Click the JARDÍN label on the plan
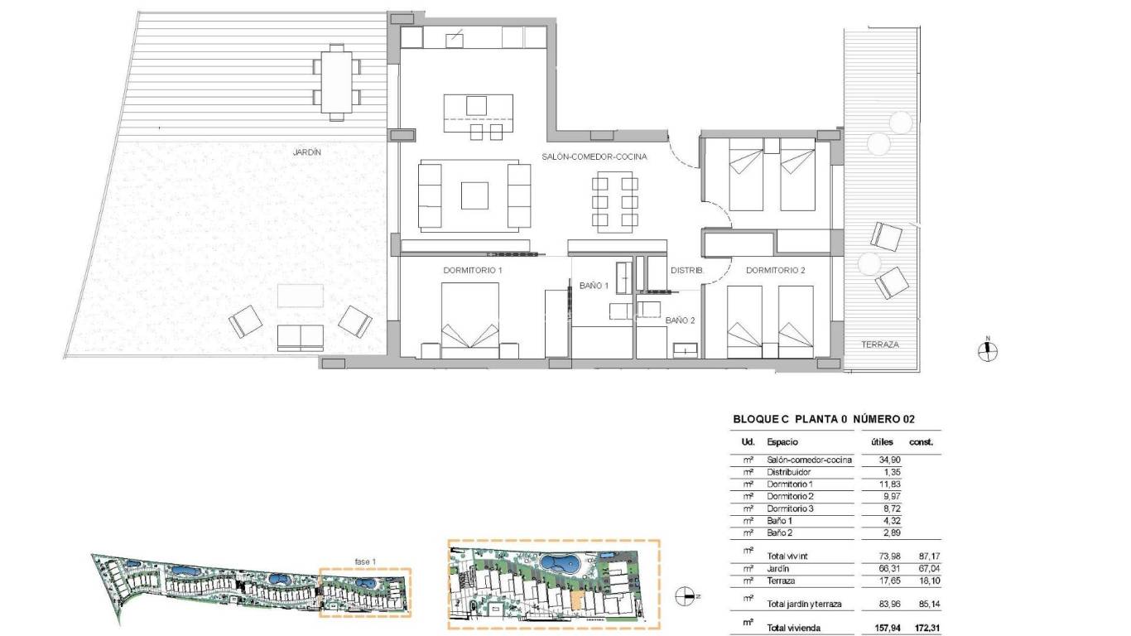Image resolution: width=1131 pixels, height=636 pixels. pos(306,152)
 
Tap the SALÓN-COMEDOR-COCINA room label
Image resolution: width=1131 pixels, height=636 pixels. pos(594,157)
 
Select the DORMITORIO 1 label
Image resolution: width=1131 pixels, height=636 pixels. pos(473,270)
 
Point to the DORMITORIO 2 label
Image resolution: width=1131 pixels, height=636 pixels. pos(775,270)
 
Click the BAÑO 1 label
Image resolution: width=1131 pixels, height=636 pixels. pos(594,285)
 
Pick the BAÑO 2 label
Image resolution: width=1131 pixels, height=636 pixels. pos(680,320)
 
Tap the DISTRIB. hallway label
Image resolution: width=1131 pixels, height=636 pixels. pos(686,270)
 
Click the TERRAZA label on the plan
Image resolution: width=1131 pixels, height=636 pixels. pos(879,344)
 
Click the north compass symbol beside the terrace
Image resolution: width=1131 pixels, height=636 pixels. pos(987,351)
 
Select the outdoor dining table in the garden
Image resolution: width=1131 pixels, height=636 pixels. pos(337,81)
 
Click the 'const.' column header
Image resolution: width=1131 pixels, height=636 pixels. pos(921,442)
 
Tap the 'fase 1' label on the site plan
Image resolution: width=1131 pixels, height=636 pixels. pos(365,562)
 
